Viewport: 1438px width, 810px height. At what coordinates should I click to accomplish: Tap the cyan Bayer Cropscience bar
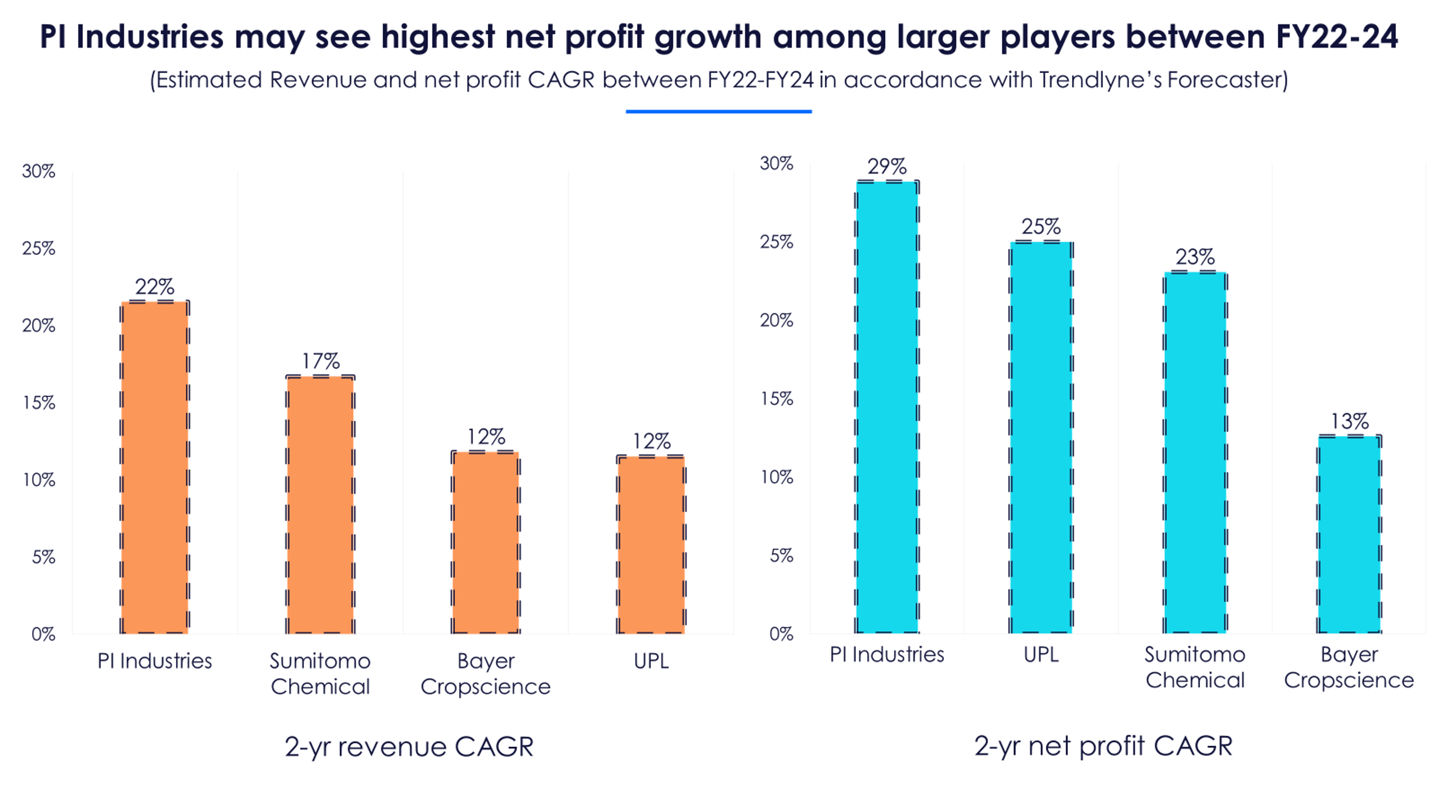point(1349,534)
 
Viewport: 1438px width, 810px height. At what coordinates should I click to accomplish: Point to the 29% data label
point(887,166)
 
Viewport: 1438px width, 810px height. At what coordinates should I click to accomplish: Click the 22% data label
point(155,287)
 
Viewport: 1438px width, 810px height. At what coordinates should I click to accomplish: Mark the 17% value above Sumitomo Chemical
point(320,361)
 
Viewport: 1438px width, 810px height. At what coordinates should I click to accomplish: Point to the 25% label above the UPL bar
point(1041,227)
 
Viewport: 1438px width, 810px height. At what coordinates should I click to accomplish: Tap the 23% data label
point(1195,257)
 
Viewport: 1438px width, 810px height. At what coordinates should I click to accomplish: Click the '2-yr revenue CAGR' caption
point(409,747)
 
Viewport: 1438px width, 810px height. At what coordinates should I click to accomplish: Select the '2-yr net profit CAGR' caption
point(1104,746)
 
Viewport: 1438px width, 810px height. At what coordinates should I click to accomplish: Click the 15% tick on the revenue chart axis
point(39,403)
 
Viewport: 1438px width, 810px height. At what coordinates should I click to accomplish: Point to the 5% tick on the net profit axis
point(781,556)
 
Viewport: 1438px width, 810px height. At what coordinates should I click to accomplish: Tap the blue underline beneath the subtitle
point(718,112)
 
